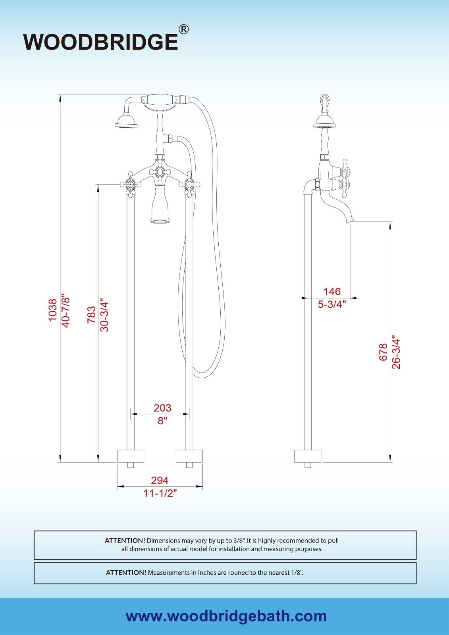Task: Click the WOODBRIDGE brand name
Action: (100, 42)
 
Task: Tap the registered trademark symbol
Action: (183, 29)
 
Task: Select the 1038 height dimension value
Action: (53, 310)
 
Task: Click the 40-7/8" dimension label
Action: (66, 310)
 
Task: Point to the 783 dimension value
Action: (91, 315)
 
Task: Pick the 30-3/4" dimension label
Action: (104, 315)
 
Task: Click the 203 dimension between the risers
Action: (162, 408)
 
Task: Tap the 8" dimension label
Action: (162, 420)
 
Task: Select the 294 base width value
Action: (160, 480)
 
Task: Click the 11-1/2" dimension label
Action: (160, 493)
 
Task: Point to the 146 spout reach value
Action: (332, 291)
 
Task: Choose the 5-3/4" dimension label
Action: (332, 304)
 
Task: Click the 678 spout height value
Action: (383, 352)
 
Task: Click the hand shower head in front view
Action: (126, 121)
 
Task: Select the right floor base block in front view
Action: (189, 456)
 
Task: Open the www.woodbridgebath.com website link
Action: (226, 616)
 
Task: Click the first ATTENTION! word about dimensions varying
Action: (125, 541)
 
